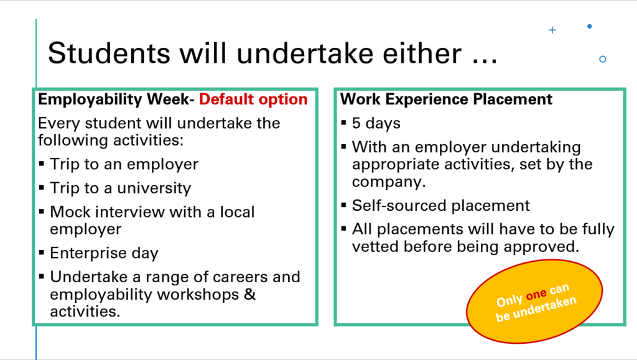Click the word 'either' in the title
coord(422,53)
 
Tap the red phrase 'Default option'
coord(253,99)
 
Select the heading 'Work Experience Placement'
coord(446,99)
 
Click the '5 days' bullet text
coord(376,123)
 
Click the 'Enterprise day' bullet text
coord(104,253)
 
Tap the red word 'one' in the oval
coord(536,295)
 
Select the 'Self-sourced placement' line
coord(441,205)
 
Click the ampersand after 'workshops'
coord(250,294)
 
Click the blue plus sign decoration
coord(552,30)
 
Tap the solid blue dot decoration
coord(590,26)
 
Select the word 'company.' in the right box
coord(389,182)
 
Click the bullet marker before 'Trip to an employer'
coord(42,164)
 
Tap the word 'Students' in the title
coord(109,53)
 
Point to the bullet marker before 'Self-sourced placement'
coord(343,205)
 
